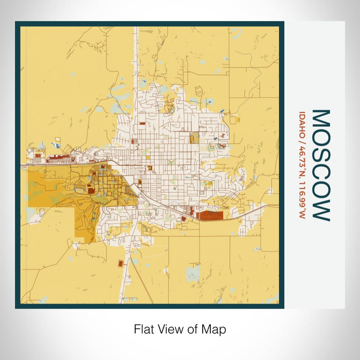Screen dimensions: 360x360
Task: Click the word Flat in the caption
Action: click(145, 329)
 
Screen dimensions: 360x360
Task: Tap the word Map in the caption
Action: click(215, 329)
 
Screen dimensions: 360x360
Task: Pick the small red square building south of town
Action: click(121, 263)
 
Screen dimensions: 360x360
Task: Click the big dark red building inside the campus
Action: click(91, 190)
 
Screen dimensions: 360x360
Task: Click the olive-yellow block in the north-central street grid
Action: click(194, 138)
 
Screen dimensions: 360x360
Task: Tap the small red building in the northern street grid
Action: click(132, 141)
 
